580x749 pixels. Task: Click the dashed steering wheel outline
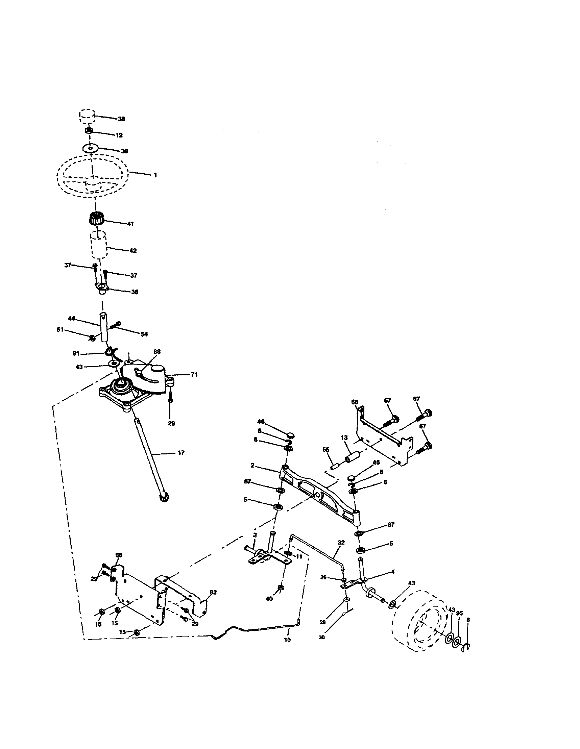click(x=93, y=176)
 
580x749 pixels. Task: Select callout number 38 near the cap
click(x=121, y=119)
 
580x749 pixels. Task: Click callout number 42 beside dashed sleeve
click(x=132, y=251)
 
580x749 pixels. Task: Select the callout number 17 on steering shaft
click(x=181, y=453)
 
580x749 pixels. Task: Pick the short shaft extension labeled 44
click(x=103, y=326)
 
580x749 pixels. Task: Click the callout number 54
click(x=144, y=334)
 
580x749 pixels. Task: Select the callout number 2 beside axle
click(x=252, y=466)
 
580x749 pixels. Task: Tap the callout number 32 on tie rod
click(x=341, y=543)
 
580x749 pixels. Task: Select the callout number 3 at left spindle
click(x=255, y=535)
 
